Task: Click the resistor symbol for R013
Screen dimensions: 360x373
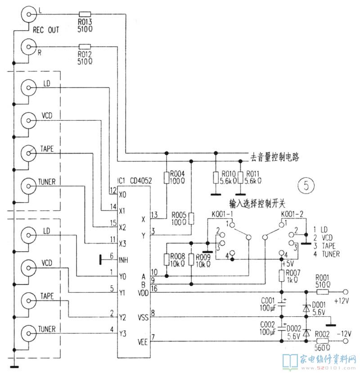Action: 85,14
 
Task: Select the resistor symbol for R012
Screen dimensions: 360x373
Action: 85,46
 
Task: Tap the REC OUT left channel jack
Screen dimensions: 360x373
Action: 29,14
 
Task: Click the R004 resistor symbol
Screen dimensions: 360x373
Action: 166,177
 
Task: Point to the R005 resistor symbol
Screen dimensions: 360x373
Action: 191,218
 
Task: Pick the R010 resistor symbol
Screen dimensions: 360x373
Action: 216,177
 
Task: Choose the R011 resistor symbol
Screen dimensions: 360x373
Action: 240,177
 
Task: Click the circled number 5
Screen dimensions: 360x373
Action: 306,185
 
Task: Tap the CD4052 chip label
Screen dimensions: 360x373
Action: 141,181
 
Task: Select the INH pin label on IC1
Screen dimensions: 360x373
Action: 123,260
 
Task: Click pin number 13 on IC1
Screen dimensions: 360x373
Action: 154,215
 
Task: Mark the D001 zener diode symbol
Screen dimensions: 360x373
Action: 306,309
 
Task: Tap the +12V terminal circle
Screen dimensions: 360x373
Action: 346,292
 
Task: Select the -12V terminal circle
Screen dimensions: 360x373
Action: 346,341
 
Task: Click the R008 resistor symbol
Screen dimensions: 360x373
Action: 166,259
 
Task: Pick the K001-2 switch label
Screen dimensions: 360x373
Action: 292,214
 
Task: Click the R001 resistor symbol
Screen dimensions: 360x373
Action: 322,292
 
